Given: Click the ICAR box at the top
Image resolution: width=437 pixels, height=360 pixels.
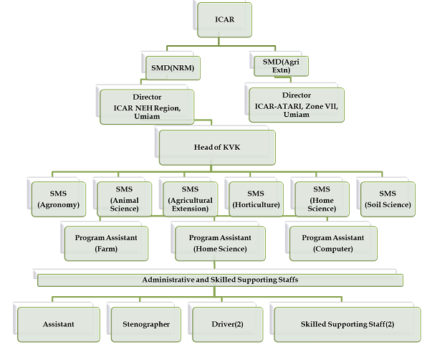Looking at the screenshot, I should [x=224, y=19].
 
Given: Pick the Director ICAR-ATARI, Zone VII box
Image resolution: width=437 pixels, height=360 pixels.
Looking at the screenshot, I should [x=296, y=105].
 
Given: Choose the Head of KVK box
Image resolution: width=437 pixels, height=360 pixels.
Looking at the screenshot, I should [x=217, y=148].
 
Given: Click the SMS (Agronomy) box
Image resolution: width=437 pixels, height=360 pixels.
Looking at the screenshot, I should [x=59, y=199].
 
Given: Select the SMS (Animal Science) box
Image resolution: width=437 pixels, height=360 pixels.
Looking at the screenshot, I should [x=123, y=199].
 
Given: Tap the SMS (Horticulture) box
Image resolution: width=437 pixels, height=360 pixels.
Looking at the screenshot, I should [x=256, y=199].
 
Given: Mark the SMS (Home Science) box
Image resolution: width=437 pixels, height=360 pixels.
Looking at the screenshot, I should [x=322, y=199].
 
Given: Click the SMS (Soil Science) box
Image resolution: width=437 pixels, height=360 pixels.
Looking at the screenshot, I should [x=388, y=199].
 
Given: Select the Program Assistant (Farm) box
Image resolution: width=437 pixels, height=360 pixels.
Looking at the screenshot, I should [x=106, y=242].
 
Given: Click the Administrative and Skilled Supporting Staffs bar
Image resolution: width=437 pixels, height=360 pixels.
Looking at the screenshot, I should [x=220, y=279].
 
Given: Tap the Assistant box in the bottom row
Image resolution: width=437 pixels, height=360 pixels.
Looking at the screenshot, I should [x=59, y=324].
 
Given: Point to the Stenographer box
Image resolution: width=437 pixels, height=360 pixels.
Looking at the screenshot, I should [x=146, y=324].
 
